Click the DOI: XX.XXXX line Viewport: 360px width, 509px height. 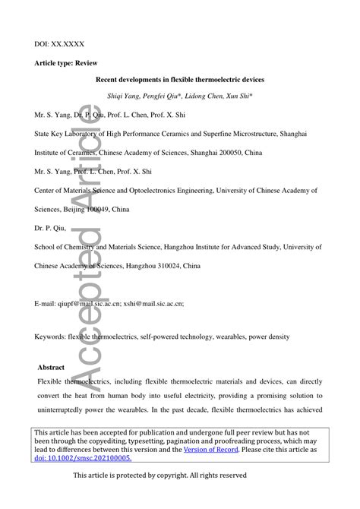(58, 46)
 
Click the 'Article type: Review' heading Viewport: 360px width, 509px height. (69, 66)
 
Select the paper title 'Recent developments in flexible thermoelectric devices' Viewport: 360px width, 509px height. (179, 79)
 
